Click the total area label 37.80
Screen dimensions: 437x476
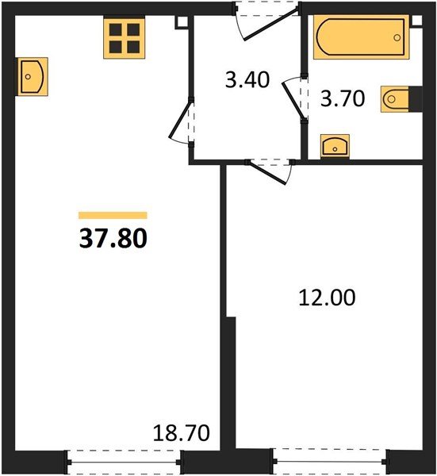point(113,238)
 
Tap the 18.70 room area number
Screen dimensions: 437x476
point(181,432)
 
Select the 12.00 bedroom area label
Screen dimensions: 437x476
point(327,297)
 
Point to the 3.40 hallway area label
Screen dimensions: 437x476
point(247,80)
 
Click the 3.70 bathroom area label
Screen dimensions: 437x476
point(343,98)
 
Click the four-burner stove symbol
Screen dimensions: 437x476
point(125,37)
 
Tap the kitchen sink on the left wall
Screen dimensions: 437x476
point(32,76)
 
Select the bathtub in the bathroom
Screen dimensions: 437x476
point(361,37)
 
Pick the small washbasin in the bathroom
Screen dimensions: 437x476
point(335,146)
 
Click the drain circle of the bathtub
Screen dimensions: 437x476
point(397,37)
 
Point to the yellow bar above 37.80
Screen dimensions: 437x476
point(113,215)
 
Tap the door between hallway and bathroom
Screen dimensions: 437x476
point(293,97)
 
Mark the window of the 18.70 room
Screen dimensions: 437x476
point(125,463)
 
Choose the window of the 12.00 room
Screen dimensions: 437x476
point(331,462)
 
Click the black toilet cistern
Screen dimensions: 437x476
point(416,99)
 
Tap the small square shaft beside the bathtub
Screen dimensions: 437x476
point(417,21)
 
